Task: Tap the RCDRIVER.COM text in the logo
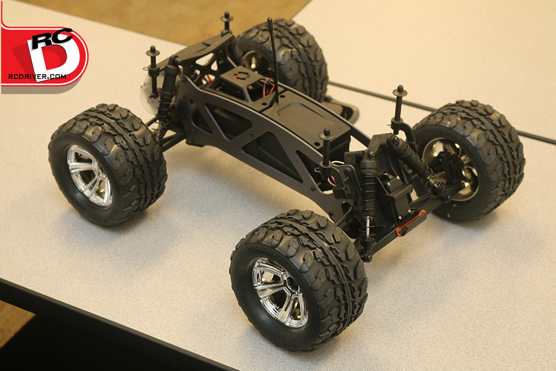(37, 77)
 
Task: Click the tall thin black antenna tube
(273, 60)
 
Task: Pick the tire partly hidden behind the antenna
(284, 57)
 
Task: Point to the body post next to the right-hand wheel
(399, 107)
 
